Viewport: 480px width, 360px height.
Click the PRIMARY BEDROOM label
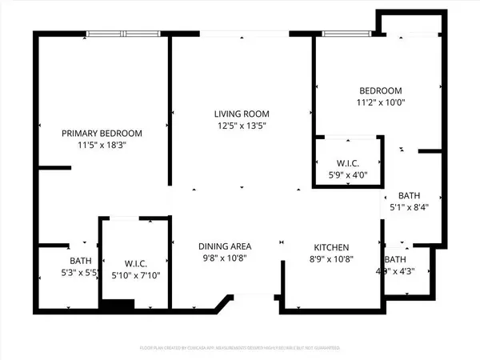pos(102,133)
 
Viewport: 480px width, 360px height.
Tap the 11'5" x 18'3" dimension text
pos(102,146)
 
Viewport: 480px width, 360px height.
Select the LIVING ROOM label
pos(241,114)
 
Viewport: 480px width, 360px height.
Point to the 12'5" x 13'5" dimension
pos(241,126)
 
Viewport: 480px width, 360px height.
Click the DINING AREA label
pos(226,246)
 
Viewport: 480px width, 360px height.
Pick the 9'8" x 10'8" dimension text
pos(226,258)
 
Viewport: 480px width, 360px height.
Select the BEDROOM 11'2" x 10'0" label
pos(380,90)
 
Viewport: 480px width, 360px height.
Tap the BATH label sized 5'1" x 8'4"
pos(410,195)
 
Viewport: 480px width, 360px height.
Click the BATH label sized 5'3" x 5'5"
pos(80,261)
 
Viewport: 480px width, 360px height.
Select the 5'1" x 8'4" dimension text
pos(410,208)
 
